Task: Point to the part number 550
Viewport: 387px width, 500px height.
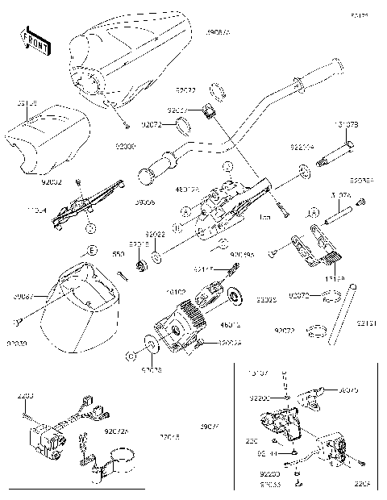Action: point(118,254)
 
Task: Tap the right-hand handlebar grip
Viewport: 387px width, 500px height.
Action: point(322,73)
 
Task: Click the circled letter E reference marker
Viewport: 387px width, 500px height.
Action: point(92,252)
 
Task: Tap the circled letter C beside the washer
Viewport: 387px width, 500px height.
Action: point(130,355)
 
